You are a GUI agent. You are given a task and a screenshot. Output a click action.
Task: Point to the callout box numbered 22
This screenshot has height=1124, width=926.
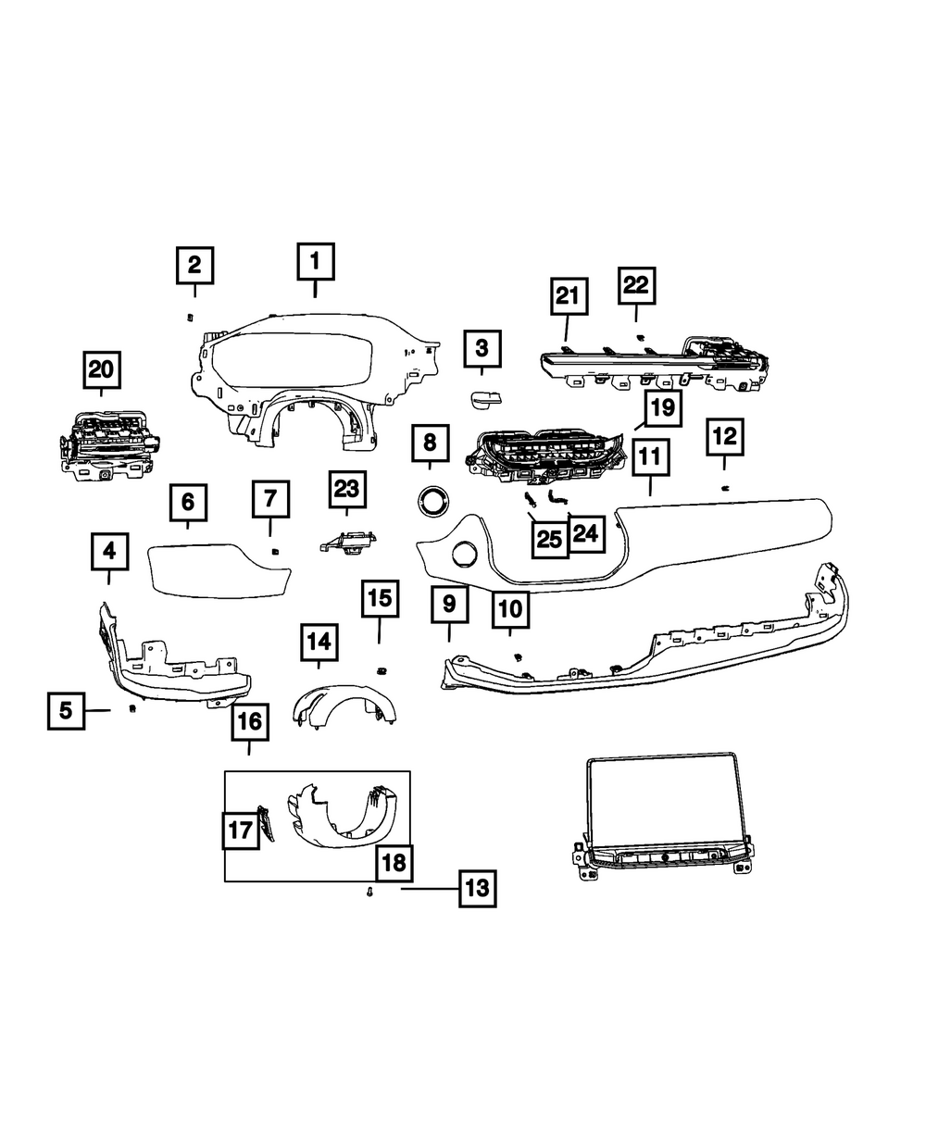point(636,286)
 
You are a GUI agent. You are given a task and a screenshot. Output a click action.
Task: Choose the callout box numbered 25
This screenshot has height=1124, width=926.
point(549,539)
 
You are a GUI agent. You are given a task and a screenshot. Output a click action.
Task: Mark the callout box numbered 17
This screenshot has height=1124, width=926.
point(241,830)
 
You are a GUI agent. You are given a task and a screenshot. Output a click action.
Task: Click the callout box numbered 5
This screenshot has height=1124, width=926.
point(66,711)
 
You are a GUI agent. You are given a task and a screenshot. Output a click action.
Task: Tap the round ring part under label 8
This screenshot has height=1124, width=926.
point(431,501)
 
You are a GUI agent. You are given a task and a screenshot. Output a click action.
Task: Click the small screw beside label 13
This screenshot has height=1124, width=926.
point(369,893)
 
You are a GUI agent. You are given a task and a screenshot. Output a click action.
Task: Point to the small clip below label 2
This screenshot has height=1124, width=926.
point(190,317)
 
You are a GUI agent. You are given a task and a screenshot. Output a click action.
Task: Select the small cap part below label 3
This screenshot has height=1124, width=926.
point(482,399)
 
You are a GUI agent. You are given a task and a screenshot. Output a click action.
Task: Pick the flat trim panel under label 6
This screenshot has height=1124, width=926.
point(219,567)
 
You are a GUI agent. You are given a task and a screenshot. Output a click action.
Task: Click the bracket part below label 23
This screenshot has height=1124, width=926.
point(348,543)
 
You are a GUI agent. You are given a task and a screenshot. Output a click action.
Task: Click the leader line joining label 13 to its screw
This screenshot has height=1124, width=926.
point(428,889)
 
